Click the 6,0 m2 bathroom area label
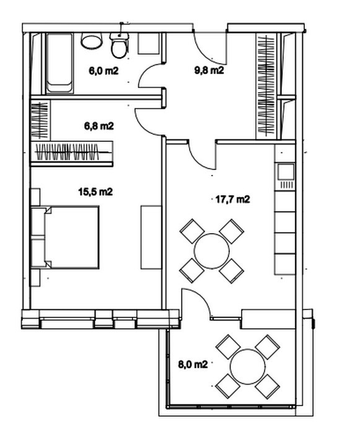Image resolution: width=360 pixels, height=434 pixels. tap(103, 71)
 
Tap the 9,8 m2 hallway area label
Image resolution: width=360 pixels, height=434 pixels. tap(209, 70)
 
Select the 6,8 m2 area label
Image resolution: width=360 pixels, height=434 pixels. tap(99, 126)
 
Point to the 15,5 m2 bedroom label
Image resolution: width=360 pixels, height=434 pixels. tap(95, 192)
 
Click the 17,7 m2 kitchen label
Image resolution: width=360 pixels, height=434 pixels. tap(232, 199)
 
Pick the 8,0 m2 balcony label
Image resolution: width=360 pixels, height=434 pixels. tap(193, 365)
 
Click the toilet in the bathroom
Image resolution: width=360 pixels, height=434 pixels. tap(120, 45)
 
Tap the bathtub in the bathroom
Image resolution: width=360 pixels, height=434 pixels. tap(59, 63)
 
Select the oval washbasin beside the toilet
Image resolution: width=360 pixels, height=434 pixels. tap(91, 41)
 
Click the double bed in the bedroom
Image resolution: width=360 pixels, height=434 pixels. tap(65, 237)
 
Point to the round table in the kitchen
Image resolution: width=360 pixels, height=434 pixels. tap(212, 250)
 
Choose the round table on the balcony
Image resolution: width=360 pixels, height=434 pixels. tap(248, 366)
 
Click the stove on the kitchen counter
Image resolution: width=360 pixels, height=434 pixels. tap(286, 176)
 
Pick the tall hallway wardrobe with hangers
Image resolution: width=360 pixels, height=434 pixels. tap(266, 86)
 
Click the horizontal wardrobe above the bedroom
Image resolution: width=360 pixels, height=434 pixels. tap(72, 152)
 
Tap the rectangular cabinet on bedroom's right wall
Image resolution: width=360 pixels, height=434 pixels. tap(151, 237)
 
